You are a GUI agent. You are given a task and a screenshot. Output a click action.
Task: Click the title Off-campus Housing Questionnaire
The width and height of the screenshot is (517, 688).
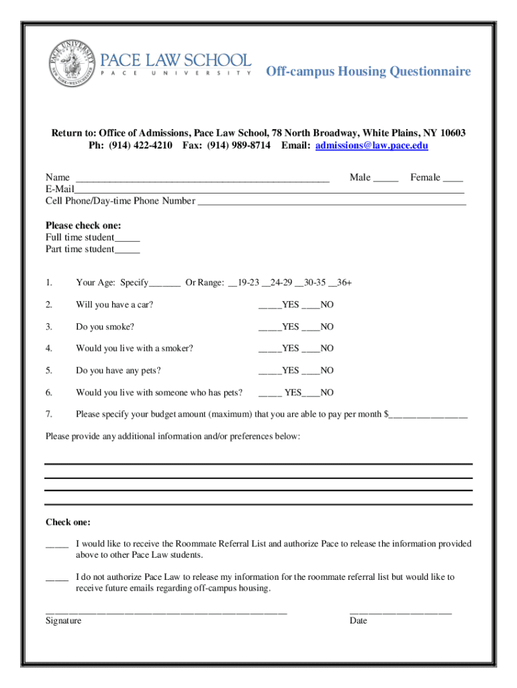368,71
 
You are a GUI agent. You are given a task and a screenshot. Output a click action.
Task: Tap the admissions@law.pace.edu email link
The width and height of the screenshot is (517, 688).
371,145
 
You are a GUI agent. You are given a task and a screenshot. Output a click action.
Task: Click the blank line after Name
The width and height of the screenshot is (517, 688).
202,179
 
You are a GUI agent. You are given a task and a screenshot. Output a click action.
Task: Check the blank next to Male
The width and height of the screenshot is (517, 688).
385,179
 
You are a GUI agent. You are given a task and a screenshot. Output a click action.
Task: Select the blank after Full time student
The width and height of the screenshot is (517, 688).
127,238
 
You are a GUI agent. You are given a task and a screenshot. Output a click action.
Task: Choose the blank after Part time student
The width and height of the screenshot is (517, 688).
127,250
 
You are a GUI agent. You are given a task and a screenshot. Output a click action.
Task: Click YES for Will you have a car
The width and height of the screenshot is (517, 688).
270,306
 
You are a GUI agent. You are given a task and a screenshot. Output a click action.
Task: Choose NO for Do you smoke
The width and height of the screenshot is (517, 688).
311,327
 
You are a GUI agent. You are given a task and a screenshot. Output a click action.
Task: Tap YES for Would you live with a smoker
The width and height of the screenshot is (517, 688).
270,349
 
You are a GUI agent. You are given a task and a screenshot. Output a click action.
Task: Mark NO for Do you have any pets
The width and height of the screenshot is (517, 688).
311,371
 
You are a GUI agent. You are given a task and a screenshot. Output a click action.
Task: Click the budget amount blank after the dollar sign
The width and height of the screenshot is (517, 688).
428,415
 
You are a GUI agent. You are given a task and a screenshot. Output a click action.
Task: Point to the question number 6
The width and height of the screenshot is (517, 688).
49,392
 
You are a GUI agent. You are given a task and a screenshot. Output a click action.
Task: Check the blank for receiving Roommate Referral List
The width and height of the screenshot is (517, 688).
56,544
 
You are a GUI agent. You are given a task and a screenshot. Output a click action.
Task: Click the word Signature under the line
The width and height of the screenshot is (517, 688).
63,621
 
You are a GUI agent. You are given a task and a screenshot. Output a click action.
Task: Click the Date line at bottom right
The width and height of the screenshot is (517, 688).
400,612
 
